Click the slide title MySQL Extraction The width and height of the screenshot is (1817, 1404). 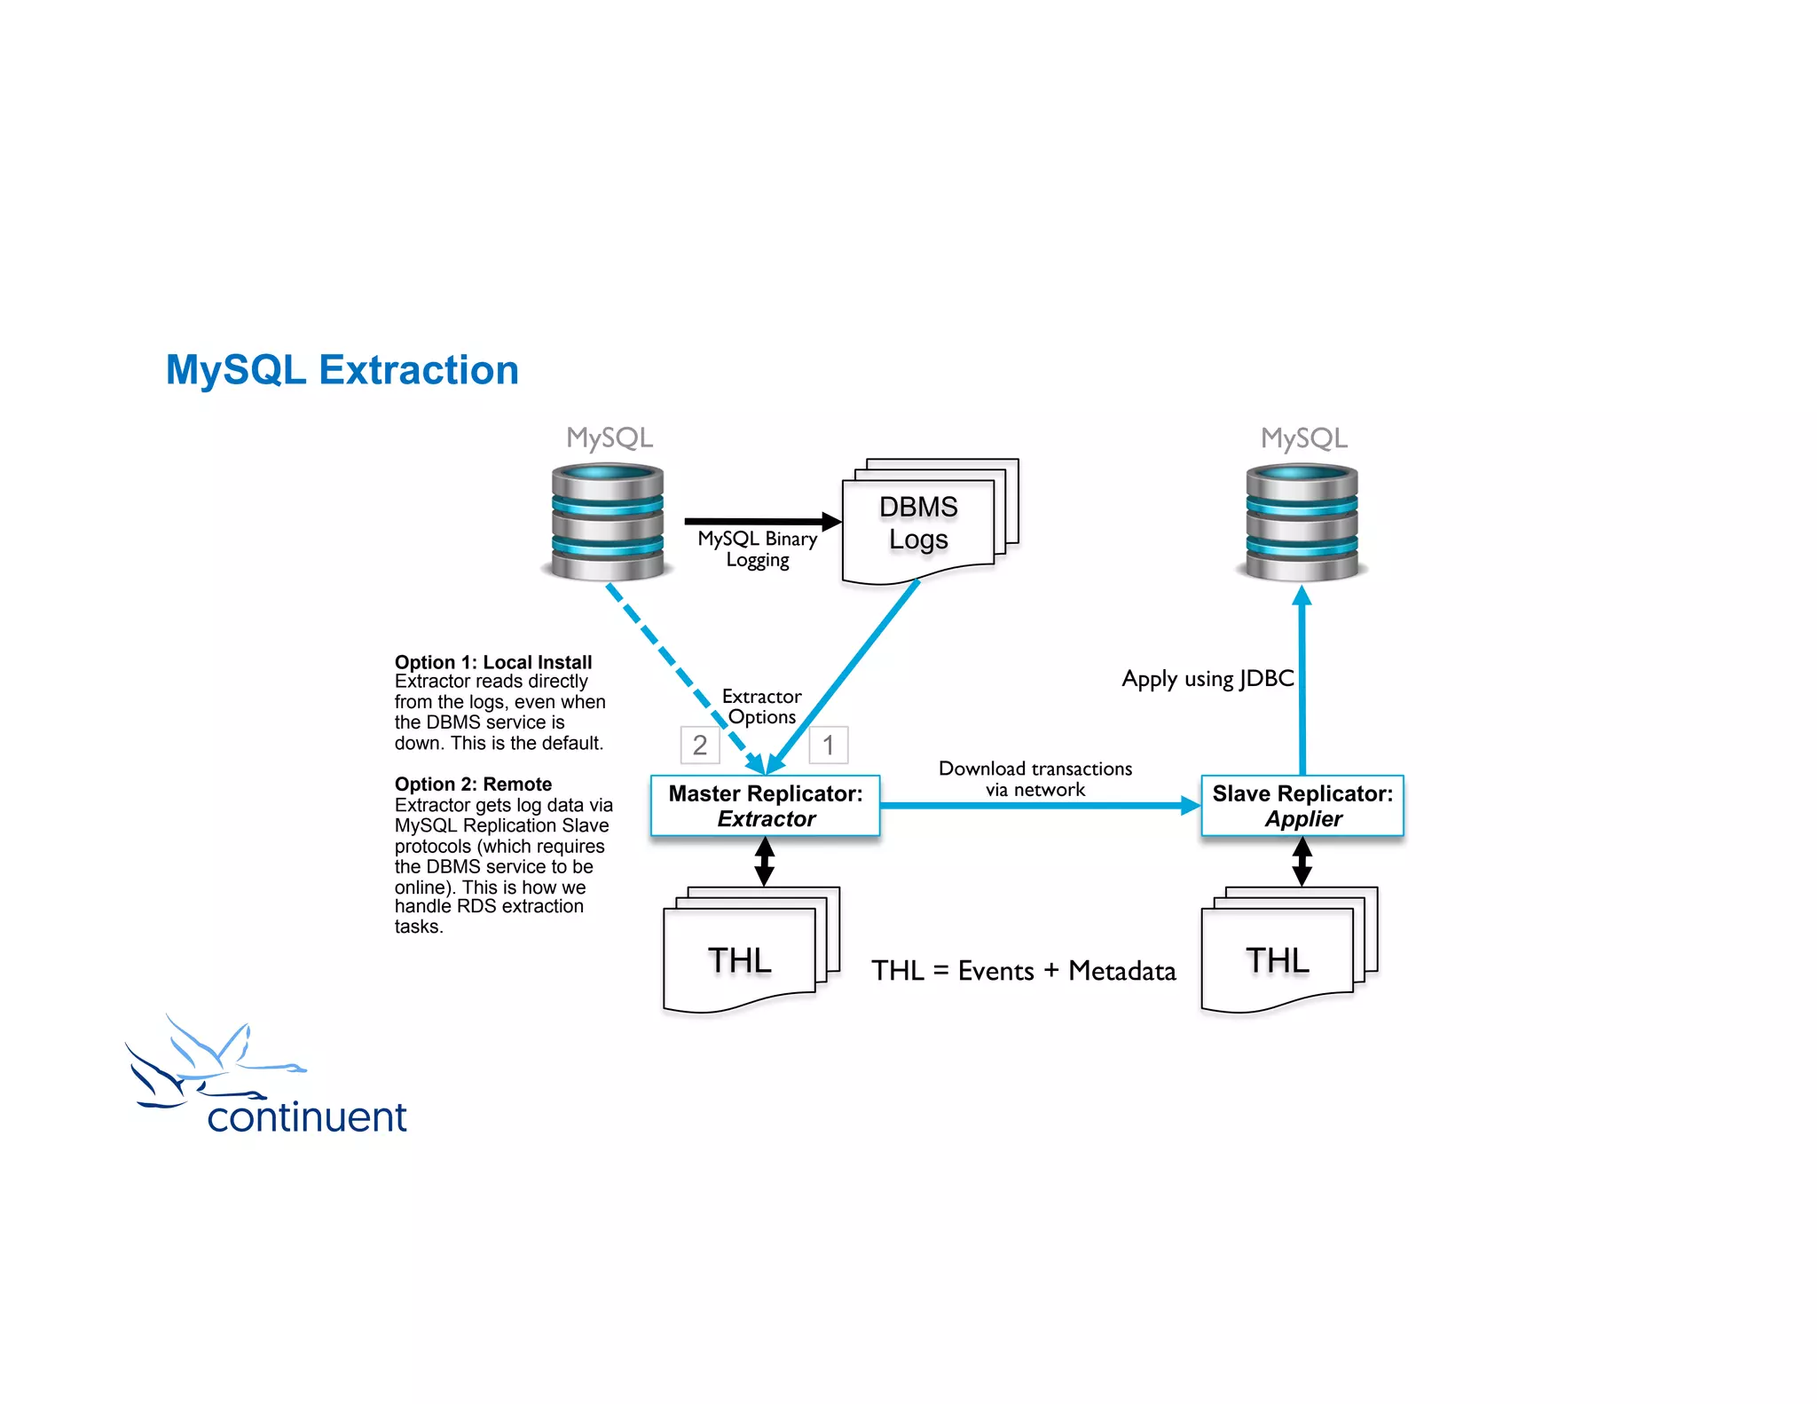[x=342, y=370]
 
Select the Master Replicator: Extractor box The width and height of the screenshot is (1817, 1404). [x=765, y=805]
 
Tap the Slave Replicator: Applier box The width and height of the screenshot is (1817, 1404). [x=1302, y=805]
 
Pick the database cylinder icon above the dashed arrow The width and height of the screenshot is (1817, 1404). [x=608, y=523]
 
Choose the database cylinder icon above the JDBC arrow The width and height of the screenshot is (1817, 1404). [x=1302, y=523]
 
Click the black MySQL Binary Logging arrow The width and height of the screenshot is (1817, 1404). [x=759, y=521]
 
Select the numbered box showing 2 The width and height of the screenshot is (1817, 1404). [x=700, y=745]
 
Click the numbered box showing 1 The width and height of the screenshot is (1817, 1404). [x=828, y=745]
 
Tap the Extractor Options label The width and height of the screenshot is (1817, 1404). [x=761, y=706]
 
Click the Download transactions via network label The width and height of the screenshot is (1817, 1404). [x=1035, y=778]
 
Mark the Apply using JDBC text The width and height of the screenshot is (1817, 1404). [x=1207, y=679]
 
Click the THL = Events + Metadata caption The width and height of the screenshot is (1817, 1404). [x=1023, y=971]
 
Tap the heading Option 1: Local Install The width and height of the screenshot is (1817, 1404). [x=493, y=662]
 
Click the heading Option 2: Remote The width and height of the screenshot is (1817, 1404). [x=473, y=785]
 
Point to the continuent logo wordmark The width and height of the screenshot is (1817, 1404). [x=306, y=1117]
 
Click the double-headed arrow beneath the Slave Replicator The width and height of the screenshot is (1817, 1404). [x=1302, y=862]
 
